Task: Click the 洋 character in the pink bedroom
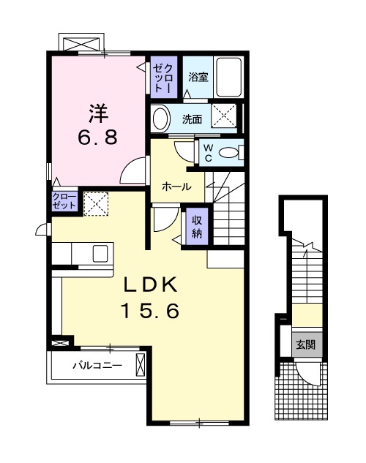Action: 99,113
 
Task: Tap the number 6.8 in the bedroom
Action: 98,137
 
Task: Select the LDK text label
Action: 150,285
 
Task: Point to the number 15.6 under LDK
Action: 150,311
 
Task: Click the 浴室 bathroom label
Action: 198,77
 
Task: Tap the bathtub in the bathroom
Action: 229,77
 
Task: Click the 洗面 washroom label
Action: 192,119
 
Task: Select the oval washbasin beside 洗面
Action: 161,118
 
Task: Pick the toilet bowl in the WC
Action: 228,153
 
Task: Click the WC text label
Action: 209,153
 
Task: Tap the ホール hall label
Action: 176,187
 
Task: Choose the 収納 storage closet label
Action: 197,227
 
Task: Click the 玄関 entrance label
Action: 306,345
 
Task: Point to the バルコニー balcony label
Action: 97,366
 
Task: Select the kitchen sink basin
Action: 100,254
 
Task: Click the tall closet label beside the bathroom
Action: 164,78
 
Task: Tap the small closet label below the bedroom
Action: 64,201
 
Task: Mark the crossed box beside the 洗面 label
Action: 224,116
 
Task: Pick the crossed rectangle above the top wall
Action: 81,42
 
